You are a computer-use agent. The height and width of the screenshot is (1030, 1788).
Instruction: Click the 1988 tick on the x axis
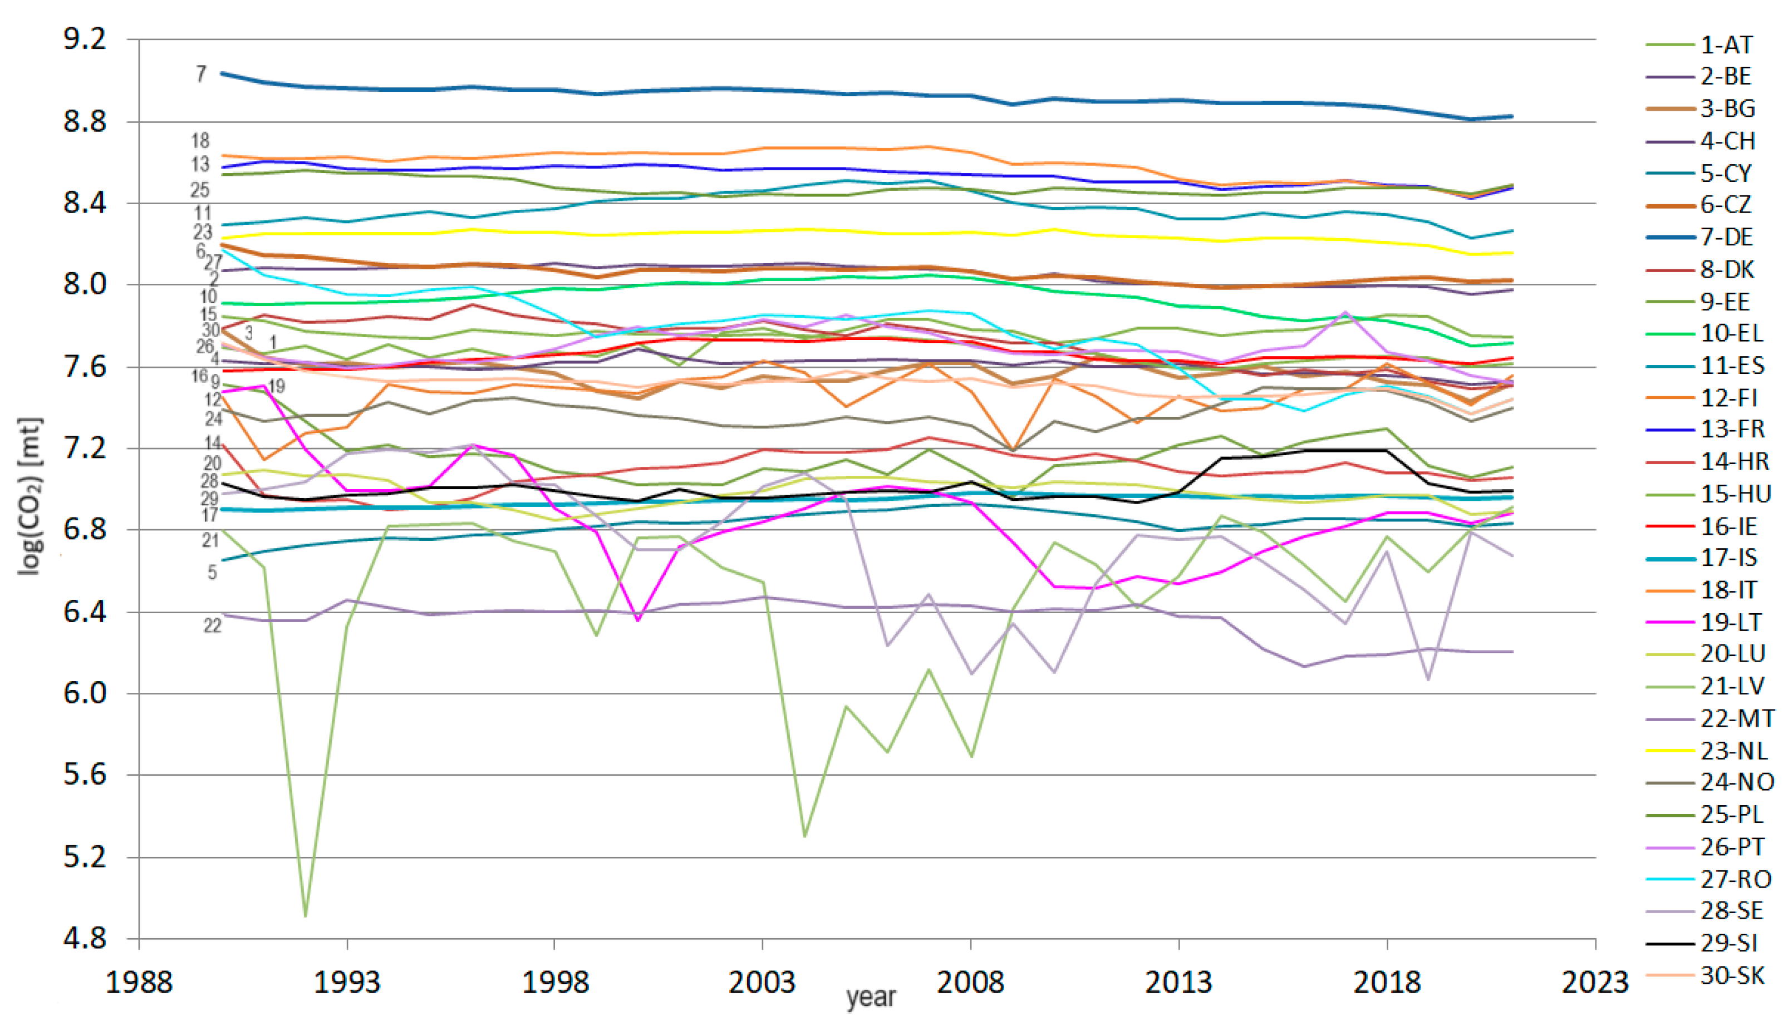(139, 983)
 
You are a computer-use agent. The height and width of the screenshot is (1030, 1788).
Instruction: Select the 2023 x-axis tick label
(1595, 983)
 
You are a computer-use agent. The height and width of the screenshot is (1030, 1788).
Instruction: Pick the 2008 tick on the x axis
(970, 983)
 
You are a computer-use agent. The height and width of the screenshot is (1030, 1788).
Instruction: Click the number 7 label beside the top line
(201, 73)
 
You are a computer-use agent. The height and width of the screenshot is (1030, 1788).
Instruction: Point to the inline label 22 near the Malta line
(212, 625)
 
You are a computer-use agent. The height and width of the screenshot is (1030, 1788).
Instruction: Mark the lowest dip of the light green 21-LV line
(306, 916)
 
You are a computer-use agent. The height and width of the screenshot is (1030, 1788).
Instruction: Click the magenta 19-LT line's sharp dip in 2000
(637, 620)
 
